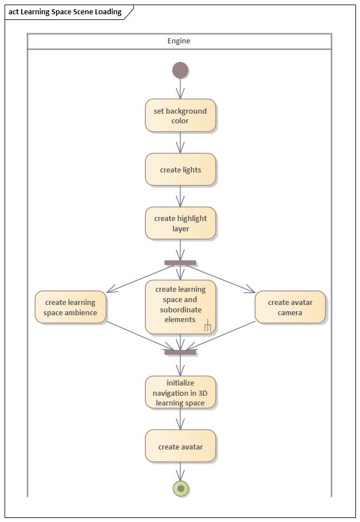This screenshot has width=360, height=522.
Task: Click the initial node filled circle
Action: coord(181,71)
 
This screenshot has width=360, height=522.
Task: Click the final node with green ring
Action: coord(181,488)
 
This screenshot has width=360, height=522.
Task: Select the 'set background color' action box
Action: coord(181,116)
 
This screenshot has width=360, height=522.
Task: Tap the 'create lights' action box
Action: coord(181,170)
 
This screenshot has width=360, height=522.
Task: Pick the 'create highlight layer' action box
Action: coord(181,223)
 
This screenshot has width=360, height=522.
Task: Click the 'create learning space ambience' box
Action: coord(70,307)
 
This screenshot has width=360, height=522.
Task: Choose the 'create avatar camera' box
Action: coord(290,307)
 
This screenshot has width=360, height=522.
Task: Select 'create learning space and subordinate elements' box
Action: coord(181,305)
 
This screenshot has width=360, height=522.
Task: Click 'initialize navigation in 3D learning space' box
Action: coord(181,392)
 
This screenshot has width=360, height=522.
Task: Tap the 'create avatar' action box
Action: coord(181,447)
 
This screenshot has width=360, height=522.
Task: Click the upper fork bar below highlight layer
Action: coord(181,263)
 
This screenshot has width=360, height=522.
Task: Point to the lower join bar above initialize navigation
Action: coord(181,352)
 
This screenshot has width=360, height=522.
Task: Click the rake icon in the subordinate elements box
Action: coord(207,327)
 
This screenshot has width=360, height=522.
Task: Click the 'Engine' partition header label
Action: coord(179,41)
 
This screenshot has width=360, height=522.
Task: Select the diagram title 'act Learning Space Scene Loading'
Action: coord(65,12)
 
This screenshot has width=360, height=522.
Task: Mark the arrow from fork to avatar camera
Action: coord(220,278)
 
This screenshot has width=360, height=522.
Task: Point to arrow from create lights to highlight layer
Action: coord(181,196)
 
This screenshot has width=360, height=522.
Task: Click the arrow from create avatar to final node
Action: coord(181,472)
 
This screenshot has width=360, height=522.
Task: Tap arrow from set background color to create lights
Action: coord(181,143)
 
